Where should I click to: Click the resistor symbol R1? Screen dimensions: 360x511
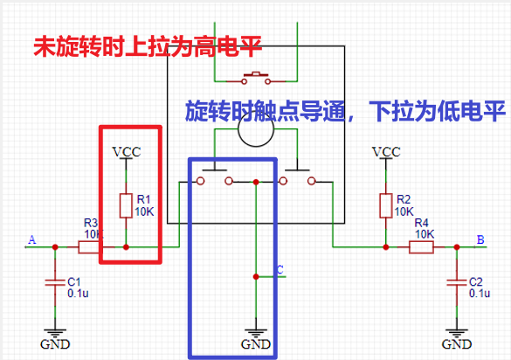click(x=127, y=204)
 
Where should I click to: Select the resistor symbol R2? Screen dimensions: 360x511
click(x=385, y=204)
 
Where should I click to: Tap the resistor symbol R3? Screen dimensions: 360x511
click(x=89, y=247)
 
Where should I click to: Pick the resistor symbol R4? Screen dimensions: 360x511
click(x=422, y=247)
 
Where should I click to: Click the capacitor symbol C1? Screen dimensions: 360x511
click(x=55, y=281)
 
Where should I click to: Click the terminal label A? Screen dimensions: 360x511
click(x=32, y=240)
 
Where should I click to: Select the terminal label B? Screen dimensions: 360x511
click(x=479, y=239)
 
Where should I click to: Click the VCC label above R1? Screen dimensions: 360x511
click(x=127, y=152)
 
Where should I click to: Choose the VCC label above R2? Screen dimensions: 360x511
click(x=385, y=152)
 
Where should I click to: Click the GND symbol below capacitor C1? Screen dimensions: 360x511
click(x=55, y=337)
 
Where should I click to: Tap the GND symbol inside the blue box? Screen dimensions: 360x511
click(x=255, y=337)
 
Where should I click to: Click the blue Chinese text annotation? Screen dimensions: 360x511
click(x=345, y=111)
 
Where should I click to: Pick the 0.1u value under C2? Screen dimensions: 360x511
click(x=480, y=294)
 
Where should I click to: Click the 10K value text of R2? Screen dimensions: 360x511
click(x=404, y=211)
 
